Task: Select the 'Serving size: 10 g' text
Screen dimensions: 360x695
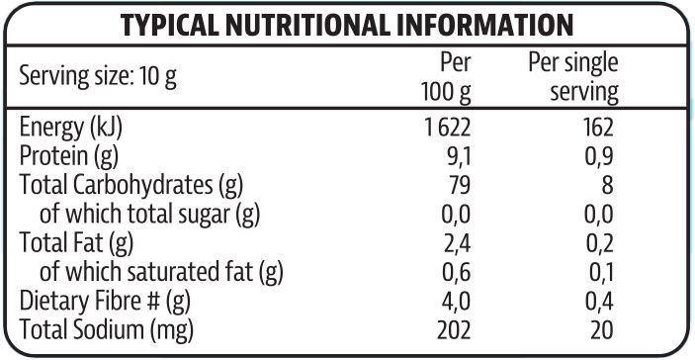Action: pos(98,77)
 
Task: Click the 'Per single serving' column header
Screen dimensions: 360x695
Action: pos(574,78)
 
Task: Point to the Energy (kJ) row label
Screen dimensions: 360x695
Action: pos(76,127)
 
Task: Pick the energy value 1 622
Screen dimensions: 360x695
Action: pos(444,127)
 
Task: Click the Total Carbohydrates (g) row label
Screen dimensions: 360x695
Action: pos(130,184)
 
